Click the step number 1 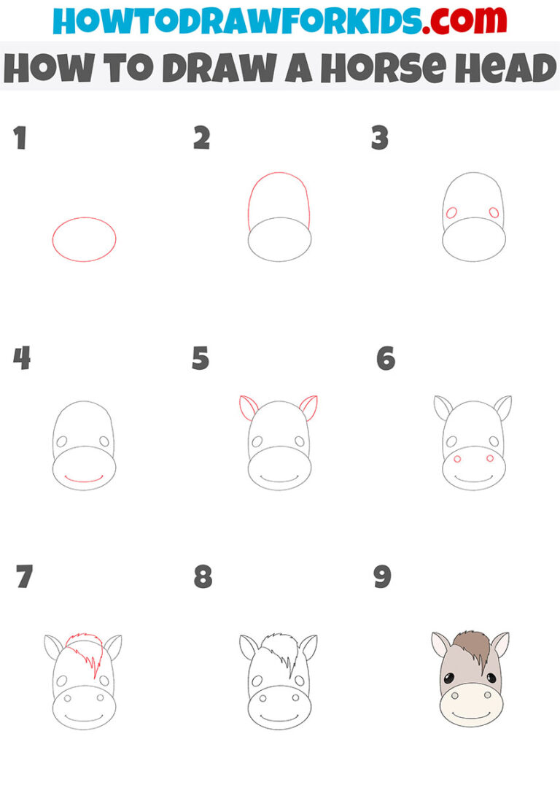click(20, 138)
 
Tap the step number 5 click(201, 359)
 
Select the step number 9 click(382, 577)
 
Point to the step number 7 click(24, 577)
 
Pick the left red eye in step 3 click(451, 213)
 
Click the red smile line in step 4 click(83, 479)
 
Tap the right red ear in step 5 click(308, 406)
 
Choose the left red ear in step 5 click(248, 406)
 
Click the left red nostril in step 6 click(457, 459)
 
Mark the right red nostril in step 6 click(490, 458)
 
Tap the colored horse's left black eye click(451, 678)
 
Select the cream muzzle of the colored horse click(472, 705)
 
